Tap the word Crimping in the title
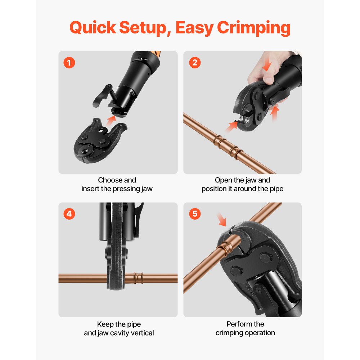pyautogui.click(x=254, y=28)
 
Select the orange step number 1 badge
pyautogui.click(x=69, y=63)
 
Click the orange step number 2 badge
pyautogui.click(x=195, y=63)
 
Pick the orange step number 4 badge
pyautogui.click(x=69, y=214)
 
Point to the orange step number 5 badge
pyautogui.click(x=195, y=214)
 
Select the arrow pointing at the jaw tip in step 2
pyautogui.click(x=231, y=126)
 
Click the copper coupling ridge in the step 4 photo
pyautogui.click(x=136, y=278)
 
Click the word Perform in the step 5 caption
pyautogui.click(x=238, y=324)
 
